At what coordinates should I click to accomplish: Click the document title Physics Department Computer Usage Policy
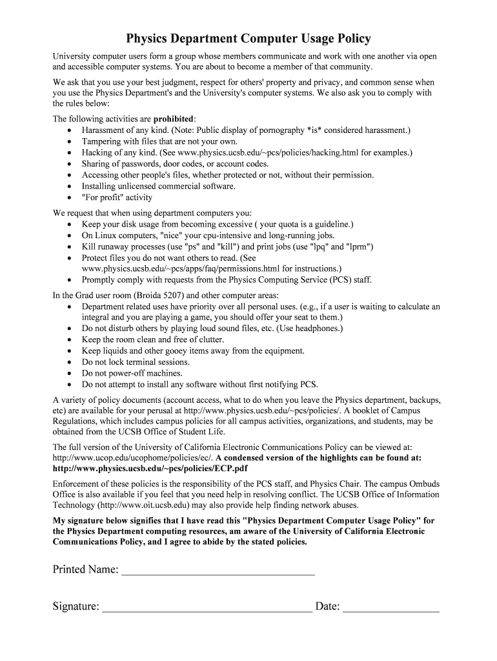click(x=248, y=39)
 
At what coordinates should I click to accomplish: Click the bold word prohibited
click(x=173, y=119)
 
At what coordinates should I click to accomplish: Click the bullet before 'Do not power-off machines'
click(x=70, y=374)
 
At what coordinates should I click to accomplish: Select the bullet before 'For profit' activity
click(x=70, y=198)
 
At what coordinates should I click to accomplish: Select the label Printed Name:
click(x=85, y=570)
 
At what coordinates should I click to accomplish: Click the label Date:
click(x=327, y=607)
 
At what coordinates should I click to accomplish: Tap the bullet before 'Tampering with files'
click(x=70, y=142)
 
